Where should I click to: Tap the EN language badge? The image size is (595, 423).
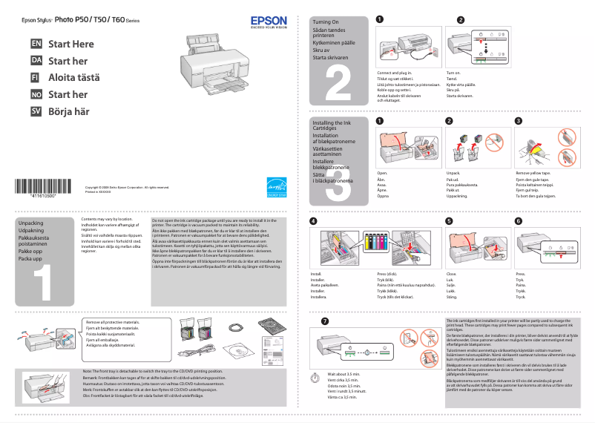[x=36, y=44]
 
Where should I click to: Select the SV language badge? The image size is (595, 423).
[x=36, y=111]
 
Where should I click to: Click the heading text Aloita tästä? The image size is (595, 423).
[x=73, y=78]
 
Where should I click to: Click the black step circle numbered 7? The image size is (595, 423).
[x=323, y=321]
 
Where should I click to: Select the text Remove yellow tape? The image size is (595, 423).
[x=533, y=172]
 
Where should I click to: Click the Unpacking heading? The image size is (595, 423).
[x=30, y=223]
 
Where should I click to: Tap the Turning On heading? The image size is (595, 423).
[x=326, y=22]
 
